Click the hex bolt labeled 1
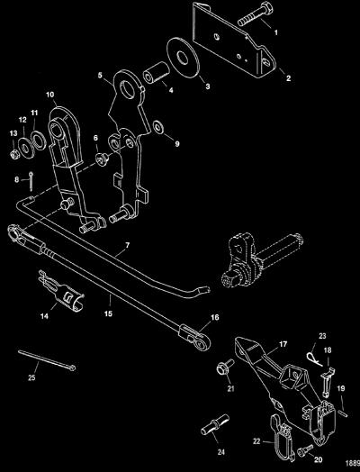coord(256,14)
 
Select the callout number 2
coord(288,78)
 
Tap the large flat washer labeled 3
coord(184,58)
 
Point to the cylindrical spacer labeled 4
coord(156,72)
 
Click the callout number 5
coord(100,75)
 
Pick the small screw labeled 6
coord(102,159)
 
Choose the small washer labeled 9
coord(157,128)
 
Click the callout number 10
coord(49,95)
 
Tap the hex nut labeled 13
coord(14,154)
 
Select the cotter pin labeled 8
coord(31,181)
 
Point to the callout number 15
coord(108,313)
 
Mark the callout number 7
coord(127,245)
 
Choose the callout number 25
coord(31,377)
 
